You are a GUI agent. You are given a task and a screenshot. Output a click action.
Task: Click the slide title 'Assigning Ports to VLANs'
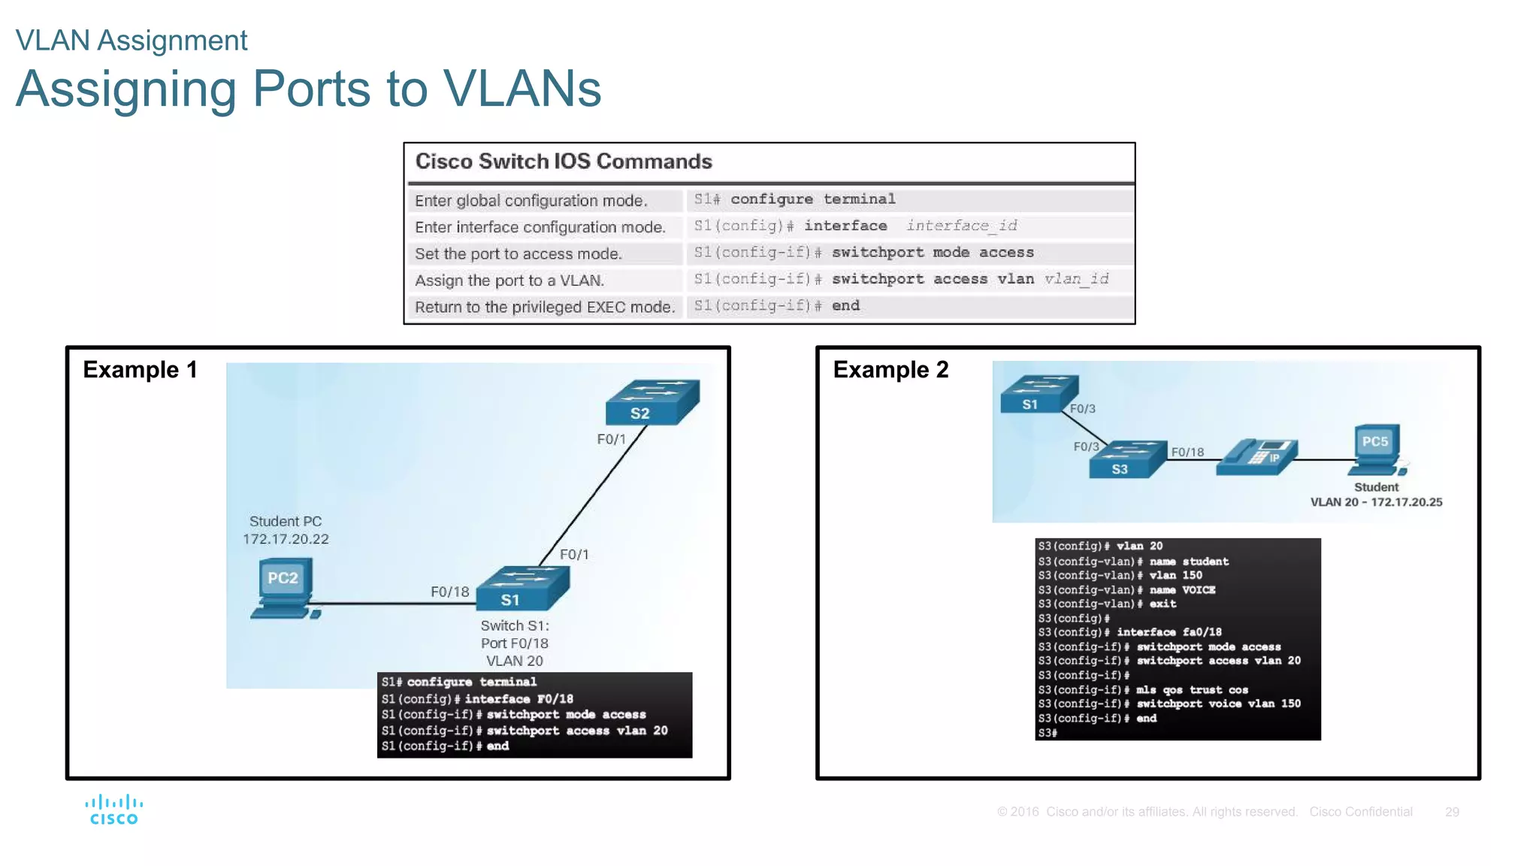[x=308, y=89]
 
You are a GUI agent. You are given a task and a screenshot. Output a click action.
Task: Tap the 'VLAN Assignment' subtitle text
[x=132, y=41]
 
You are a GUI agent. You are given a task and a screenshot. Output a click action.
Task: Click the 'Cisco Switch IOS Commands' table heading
[x=564, y=162]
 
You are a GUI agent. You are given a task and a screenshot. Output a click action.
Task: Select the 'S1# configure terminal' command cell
[x=795, y=199]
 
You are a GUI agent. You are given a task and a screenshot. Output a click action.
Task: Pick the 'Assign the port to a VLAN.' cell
[x=509, y=280]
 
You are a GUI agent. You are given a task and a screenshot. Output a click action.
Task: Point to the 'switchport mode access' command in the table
[x=932, y=253]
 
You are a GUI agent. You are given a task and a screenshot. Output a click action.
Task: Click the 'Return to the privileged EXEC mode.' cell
[x=545, y=307]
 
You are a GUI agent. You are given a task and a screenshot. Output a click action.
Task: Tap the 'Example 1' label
[x=140, y=370]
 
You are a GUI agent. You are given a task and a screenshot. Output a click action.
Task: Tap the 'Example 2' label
[x=890, y=370]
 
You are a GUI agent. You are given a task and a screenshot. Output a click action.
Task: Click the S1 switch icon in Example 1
[x=522, y=588]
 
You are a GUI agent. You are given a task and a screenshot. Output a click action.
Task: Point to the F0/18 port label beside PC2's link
[x=449, y=592]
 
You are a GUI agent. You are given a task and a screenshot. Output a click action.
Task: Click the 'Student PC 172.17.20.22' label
[x=286, y=530]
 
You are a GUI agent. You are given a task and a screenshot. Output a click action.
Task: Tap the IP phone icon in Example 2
[x=1256, y=457]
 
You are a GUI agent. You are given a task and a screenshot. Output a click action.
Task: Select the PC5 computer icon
[x=1377, y=449]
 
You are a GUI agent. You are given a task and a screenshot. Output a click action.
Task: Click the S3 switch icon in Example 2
[x=1127, y=459]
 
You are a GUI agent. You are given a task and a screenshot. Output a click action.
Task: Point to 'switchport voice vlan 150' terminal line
[x=1217, y=704]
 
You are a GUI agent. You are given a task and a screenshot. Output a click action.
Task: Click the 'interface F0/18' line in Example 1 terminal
[x=519, y=699]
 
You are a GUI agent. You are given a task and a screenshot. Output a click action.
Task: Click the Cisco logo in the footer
[x=113, y=810]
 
